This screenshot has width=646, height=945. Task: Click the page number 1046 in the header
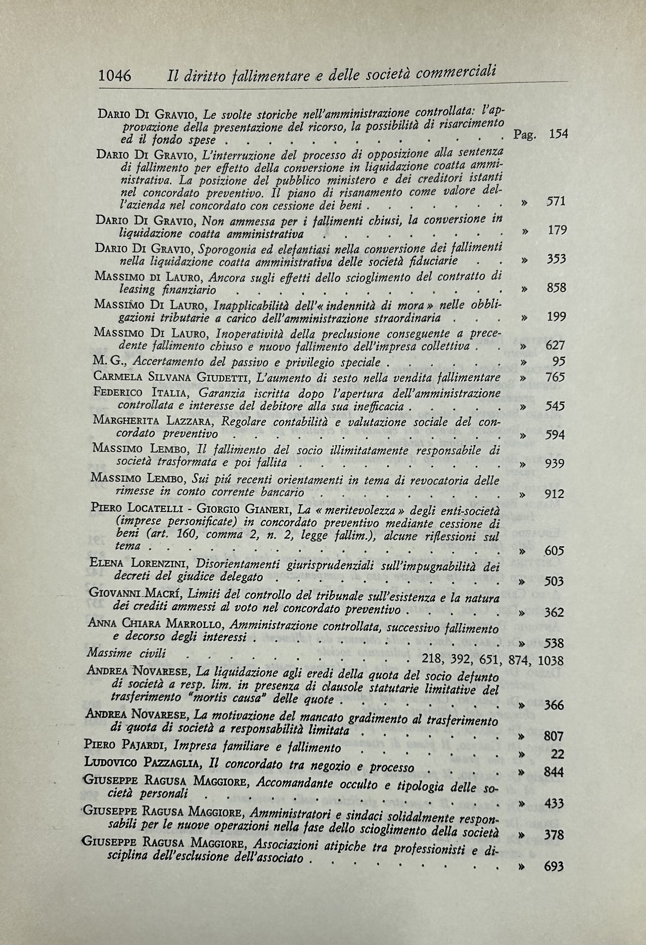[115, 76]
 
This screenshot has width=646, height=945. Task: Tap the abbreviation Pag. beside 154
[525, 135]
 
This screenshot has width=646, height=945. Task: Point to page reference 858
[556, 288]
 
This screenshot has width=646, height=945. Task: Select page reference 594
[555, 435]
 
